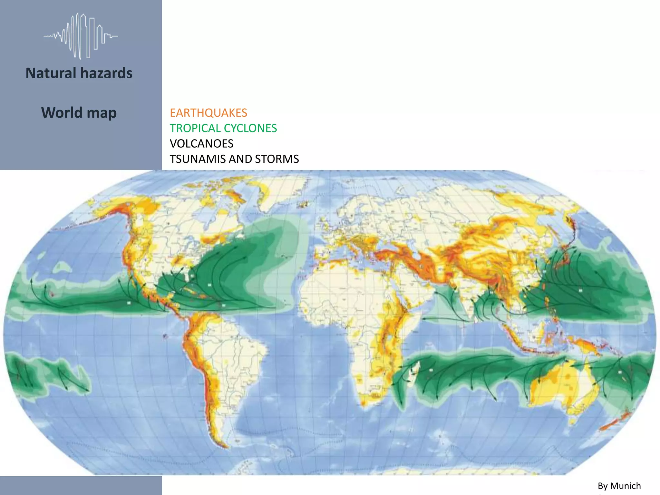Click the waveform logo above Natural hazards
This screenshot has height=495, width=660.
(x=81, y=36)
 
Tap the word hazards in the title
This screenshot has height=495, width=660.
(x=106, y=73)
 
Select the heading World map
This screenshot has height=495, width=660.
(x=79, y=113)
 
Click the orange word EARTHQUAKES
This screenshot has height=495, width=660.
(x=208, y=113)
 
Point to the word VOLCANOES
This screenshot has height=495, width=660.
(x=201, y=144)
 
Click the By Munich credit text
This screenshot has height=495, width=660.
(x=619, y=486)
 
